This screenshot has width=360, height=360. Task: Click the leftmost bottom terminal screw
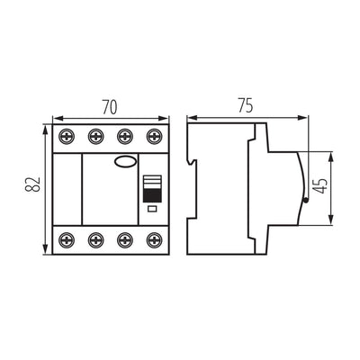67,240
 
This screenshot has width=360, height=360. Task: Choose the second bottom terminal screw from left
95,240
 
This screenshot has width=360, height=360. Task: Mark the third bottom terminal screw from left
124,240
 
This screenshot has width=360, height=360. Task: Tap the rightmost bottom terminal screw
152,240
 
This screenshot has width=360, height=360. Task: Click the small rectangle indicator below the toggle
151,209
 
